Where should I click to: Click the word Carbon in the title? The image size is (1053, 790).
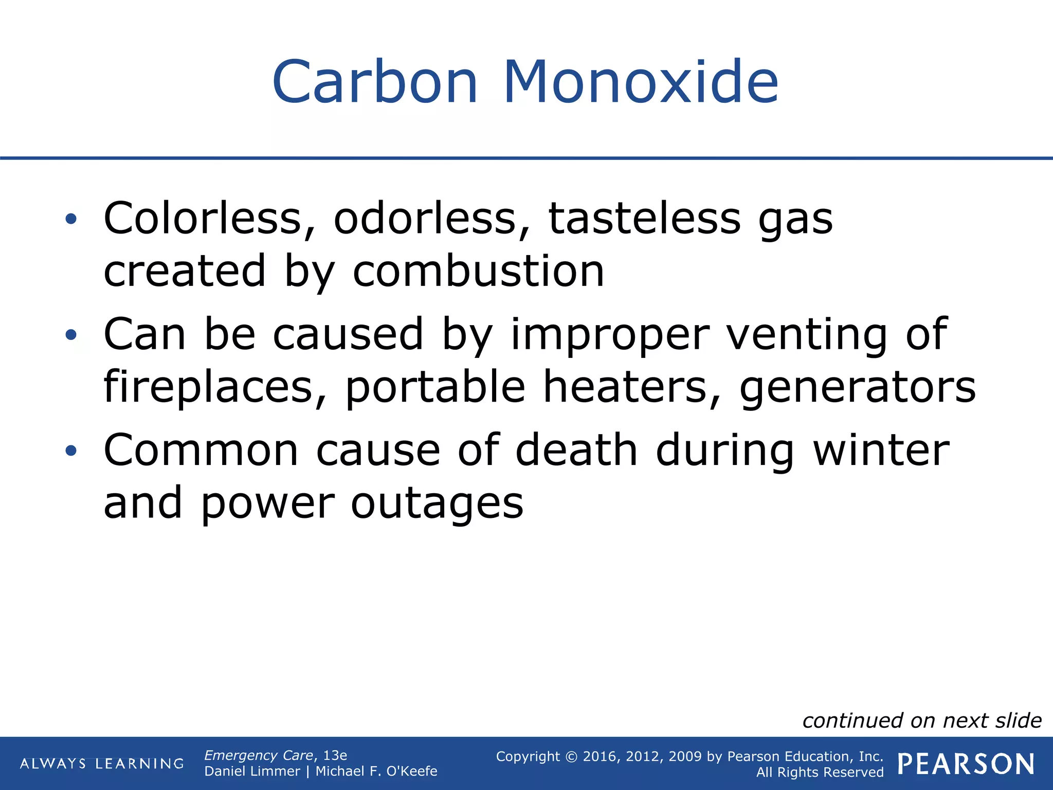coord(375,82)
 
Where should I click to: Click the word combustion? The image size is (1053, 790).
coord(478,272)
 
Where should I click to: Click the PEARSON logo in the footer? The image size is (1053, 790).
coord(966,764)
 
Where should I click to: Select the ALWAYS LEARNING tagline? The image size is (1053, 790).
coord(102,764)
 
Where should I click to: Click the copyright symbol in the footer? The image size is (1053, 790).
coord(571,757)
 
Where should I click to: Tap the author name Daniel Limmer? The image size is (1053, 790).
coord(252,771)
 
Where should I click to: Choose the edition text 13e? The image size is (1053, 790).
coord(335,755)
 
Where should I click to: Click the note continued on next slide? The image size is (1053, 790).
coord(922,721)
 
